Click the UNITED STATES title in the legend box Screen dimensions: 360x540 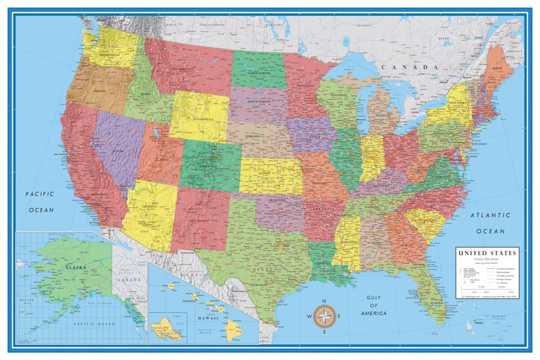pos(487,253)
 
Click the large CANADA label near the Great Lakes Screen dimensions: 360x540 pos(407,68)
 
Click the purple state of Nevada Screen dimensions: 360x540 pos(112,145)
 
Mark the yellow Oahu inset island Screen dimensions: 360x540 pos(166,329)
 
